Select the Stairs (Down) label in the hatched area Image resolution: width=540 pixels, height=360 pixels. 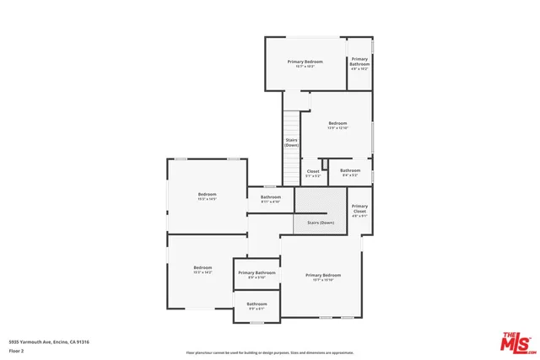(321, 223)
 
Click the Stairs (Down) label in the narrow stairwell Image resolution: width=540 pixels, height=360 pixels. (291, 142)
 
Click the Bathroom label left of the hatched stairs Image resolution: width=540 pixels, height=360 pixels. (270, 197)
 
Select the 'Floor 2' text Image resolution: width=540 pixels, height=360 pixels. (17, 350)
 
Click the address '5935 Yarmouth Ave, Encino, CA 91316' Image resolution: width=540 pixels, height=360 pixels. (49, 341)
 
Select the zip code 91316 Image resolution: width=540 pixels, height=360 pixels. (83, 341)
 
